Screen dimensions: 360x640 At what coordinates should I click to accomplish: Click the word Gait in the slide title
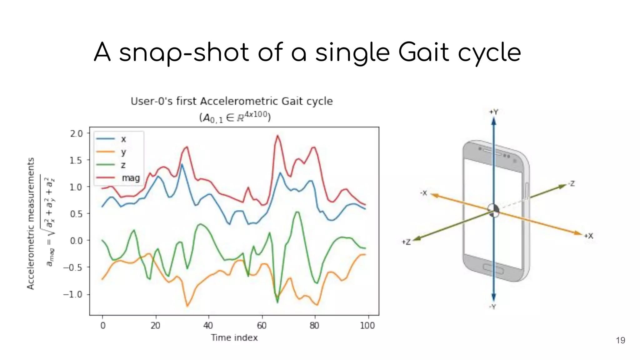[x=424, y=52]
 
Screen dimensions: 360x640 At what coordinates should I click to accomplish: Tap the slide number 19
[x=620, y=340]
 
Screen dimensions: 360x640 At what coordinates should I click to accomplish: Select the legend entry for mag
[x=131, y=178]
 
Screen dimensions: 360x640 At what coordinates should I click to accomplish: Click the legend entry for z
[x=123, y=165]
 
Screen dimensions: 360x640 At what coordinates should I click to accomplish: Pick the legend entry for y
[x=123, y=152]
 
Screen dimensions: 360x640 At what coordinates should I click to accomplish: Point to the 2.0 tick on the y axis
[x=76, y=134]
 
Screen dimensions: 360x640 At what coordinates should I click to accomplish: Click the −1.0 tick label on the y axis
[x=72, y=294]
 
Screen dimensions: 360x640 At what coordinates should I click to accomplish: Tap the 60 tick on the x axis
[x=262, y=326]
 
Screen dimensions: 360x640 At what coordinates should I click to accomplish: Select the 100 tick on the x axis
[x=367, y=326]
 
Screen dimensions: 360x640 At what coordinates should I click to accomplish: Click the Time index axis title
[x=234, y=338]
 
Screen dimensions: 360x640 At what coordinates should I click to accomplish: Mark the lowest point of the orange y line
[x=187, y=306]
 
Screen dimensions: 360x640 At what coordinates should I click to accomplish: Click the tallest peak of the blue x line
[x=182, y=164]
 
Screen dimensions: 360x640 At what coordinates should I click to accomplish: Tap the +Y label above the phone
[x=494, y=112]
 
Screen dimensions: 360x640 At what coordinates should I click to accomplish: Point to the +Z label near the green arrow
[x=406, y=242]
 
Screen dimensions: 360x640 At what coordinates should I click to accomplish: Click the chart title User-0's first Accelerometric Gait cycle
[x=232, y=101]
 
